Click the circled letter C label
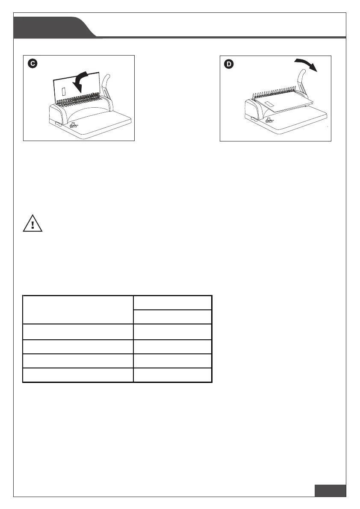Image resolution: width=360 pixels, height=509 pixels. (33, 63)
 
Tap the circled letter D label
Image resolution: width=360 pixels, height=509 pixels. (229, 64)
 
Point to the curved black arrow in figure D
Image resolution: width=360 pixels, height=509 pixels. (306, 64)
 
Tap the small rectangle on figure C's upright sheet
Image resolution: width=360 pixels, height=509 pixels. (64, 91)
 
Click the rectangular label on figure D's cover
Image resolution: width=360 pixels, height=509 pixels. (269, 105)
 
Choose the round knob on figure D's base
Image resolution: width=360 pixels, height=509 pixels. (269, 121)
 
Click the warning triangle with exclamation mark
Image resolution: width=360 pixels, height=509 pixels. (32, 223)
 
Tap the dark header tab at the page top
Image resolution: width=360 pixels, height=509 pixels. (53, 27)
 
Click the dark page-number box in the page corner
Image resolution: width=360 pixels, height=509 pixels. (330, 491)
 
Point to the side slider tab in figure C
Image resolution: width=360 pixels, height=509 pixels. (58, 123)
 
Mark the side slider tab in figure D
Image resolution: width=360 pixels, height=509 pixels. (253, 120)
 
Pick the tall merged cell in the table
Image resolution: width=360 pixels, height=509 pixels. (78, 310)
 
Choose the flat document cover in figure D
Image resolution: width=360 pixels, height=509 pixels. (283, 103)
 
